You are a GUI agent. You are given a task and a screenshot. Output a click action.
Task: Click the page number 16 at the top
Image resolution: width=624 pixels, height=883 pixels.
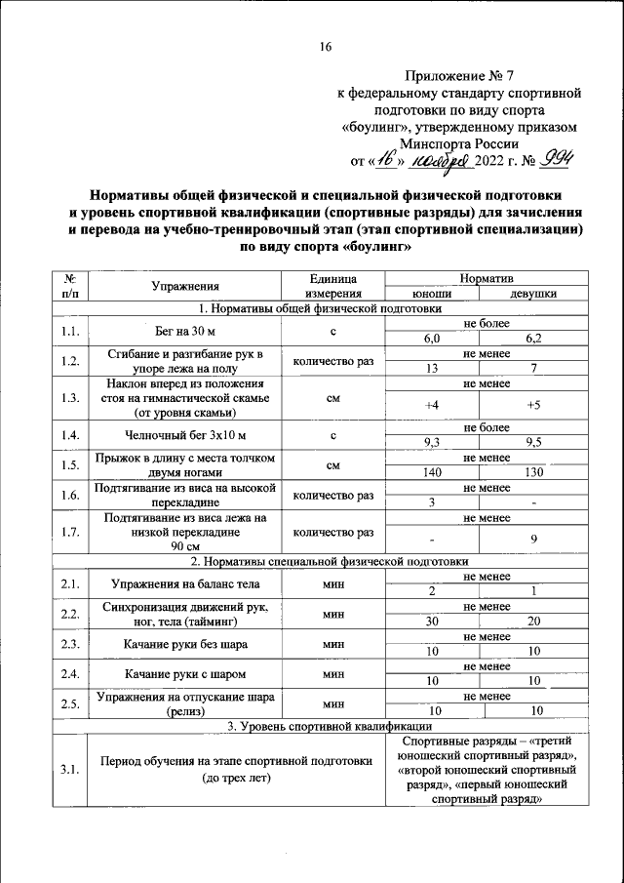(327, 47)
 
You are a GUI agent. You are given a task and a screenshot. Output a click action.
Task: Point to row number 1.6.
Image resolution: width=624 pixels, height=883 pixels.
(68, 495)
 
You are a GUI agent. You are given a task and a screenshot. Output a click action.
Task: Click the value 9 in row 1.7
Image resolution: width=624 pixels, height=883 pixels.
(533, 539)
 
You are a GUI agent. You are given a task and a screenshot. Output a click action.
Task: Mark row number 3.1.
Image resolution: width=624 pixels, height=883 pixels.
(68, 770)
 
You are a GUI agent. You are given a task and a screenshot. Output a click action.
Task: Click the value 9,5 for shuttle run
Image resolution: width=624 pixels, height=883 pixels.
(533, 442)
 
